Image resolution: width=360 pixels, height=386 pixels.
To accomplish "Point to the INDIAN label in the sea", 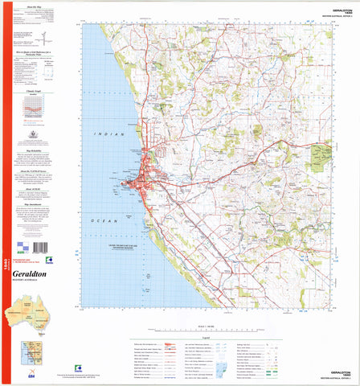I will (x=108, y=133).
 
